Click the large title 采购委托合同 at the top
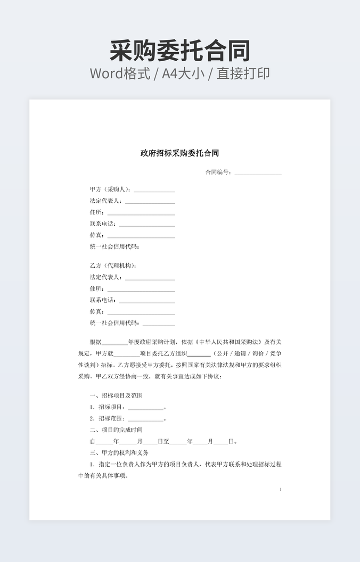click(x=180, y=51)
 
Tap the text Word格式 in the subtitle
click(x=120, y=73)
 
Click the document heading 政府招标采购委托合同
click(x=179, y=153)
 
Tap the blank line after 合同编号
click(x=258, y=173)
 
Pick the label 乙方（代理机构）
click(x=113, y=266)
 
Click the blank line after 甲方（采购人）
click(x=154, y=191)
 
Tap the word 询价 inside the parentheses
click(x=259, y=353)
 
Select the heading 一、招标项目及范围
click(x=116, y=395)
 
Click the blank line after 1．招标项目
click(x=145, y=408)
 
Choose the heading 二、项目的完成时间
click(x=116, y=429)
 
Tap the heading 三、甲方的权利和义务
click(x=119, y=453)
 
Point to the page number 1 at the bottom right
click(x=280, y=489)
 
